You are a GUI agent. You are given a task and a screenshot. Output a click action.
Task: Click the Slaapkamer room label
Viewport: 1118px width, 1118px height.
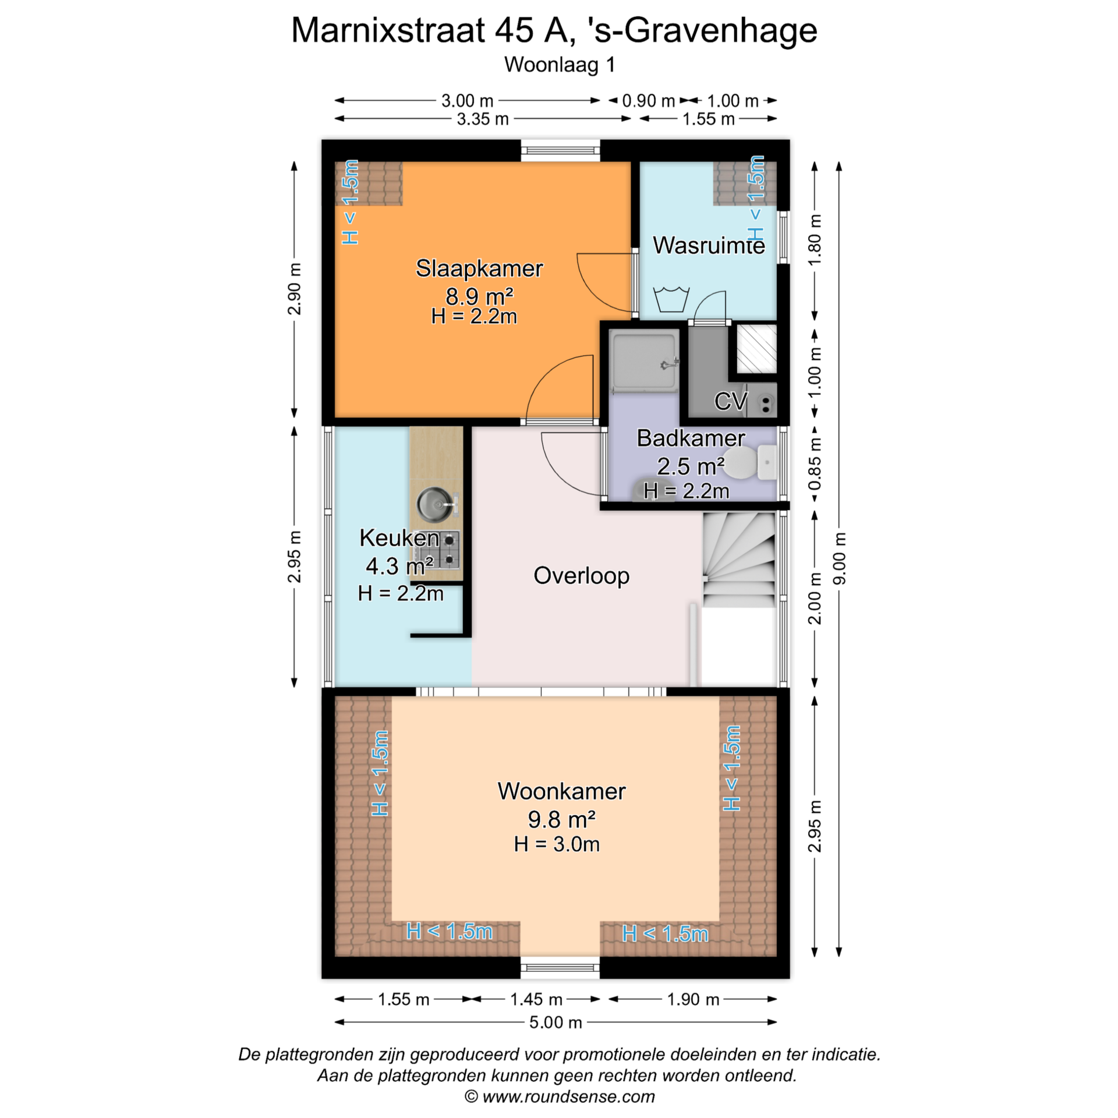(x=479, y=268)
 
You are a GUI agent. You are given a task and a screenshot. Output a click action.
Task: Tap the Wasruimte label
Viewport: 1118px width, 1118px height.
(x=709, y=245)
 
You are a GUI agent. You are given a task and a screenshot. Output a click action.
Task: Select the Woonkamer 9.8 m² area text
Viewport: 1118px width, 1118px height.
(x=561, y=819)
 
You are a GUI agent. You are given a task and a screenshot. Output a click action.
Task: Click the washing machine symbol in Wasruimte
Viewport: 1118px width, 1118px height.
(x=671, y=299)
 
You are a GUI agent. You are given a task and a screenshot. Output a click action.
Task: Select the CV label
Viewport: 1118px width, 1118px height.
(x=731, y=401)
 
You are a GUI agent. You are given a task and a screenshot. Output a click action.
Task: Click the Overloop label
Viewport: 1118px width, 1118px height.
(x=581, y=575)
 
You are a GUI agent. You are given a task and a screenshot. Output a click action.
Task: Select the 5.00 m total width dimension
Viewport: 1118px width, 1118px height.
(x=556, y=1022)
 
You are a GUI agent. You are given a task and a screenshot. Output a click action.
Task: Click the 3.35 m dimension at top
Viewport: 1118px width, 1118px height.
(x=483, y=119)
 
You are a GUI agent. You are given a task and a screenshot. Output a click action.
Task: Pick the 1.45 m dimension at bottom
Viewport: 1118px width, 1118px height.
(x=536, y=999)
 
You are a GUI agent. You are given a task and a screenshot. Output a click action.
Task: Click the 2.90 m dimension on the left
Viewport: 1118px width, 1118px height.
(x=295, y=289)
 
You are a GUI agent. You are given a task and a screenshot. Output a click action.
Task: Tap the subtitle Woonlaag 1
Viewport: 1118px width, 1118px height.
(x=560, y=65)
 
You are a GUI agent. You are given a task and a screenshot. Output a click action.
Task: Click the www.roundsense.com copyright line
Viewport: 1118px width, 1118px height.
(x=560, y=1097)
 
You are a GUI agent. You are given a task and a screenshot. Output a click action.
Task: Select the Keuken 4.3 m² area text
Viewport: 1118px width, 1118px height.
(x=399, y=566)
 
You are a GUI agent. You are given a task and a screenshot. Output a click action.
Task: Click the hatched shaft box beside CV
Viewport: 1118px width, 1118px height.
(x=756, y=349)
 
